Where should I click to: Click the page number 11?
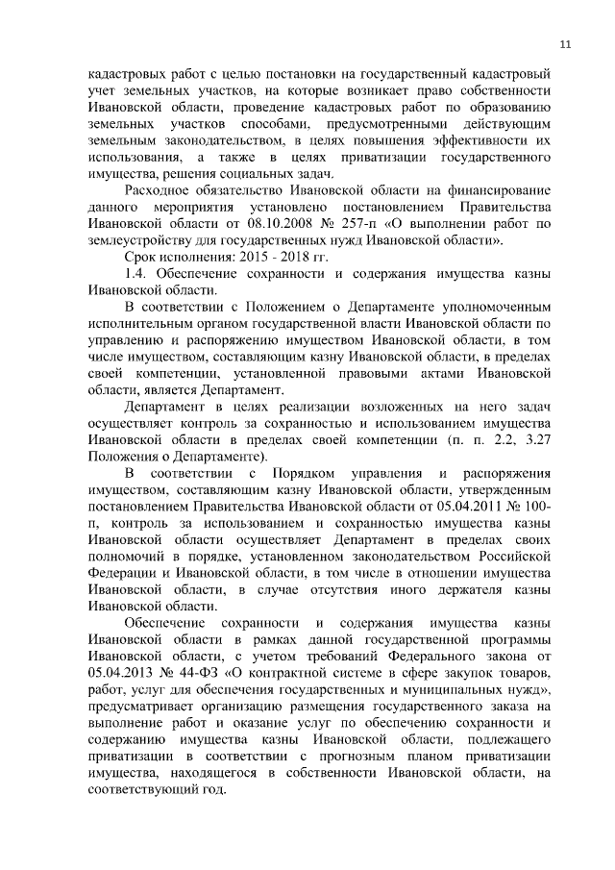565,44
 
